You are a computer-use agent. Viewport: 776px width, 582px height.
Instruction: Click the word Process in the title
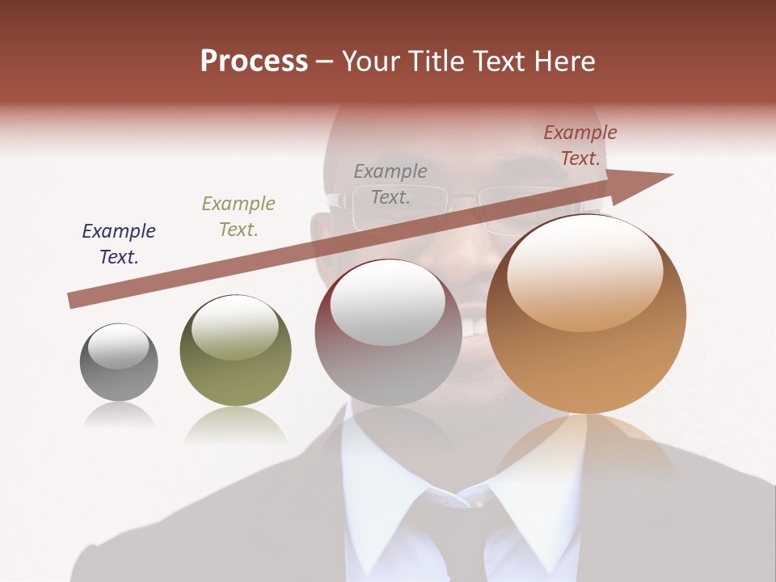pos(254,61)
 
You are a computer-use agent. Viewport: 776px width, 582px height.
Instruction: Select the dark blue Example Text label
pos(119,244)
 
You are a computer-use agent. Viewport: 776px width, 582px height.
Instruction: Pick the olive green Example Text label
pos(238,217)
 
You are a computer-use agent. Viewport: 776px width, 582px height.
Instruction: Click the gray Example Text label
pos(390,183)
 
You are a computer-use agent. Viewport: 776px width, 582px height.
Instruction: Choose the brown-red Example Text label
pos(580,145)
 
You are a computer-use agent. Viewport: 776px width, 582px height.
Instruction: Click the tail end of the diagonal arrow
pos(73,300)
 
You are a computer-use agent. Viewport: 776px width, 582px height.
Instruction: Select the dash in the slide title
pos(325,61)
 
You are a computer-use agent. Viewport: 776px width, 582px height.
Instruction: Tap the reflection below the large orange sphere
pos(586,453)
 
